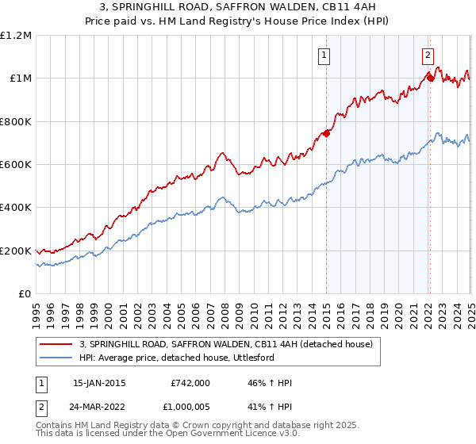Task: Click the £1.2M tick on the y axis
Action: click(x=15, y=36)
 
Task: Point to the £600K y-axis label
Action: click(x=15, y=165)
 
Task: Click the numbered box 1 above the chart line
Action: click(x=325, y=55)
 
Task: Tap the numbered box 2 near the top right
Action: click(x=428, y=55)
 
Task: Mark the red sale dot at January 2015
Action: click(x=326, y=133)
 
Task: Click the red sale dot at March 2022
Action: click(x=429, y=77)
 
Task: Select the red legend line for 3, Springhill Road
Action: click(x=56, y=343)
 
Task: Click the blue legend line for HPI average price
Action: click(x=56, y=358)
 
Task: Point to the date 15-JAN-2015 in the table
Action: click(x=98, y=383)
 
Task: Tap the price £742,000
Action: click(x=190, y=383)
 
